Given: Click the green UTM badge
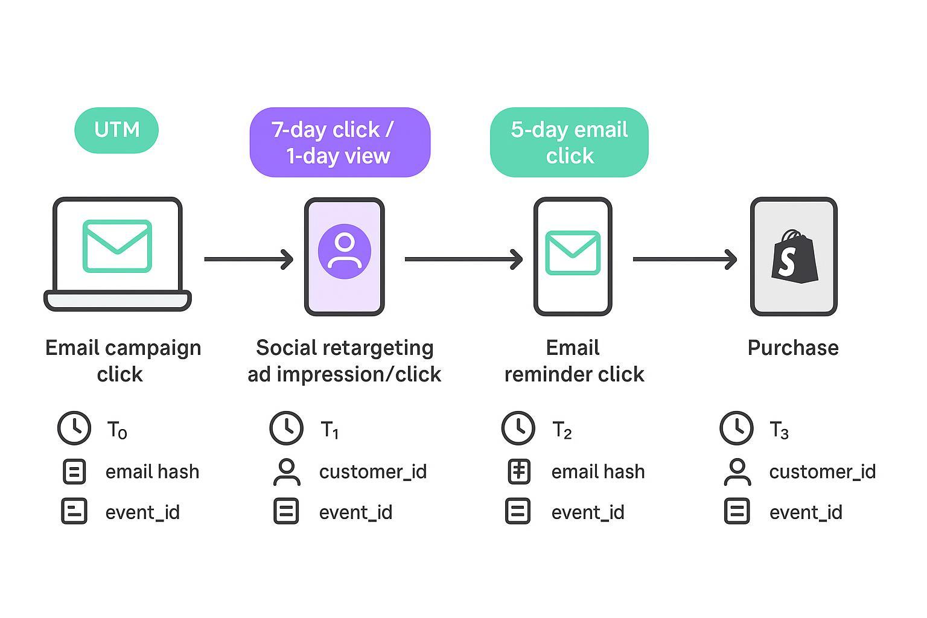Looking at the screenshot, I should pyautogui.click(x=116, y=130).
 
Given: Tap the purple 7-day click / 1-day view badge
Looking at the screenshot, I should pyautogui.click(x=340, y=142).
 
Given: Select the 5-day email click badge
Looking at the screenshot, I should pyautogui.click(x=569, y=142).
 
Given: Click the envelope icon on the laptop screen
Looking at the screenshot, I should pyautogui.click(x=117, y=246).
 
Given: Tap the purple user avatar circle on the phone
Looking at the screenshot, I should pyautogui.click(x=345, y=251).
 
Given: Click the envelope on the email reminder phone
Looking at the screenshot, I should pyautogui.click(x=573, y=253).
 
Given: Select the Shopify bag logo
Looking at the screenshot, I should pyautogui.click(x=794, y=256).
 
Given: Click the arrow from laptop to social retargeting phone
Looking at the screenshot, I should pyautogui.click(x=248, y=260).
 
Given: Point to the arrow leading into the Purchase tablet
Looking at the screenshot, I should pyautogui.click(x=684, y=260).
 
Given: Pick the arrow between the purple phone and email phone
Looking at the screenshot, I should pyautogui.click(x=463, y=260).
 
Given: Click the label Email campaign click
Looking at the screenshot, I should pyautogui.click(x=123, y=361).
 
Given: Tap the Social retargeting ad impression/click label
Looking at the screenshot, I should pyautogui.click(x=345, y=361).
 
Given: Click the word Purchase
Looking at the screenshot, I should pyautogui.click(x=793, y=348).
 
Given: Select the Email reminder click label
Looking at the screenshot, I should pyautogui.click(x=574, y=361).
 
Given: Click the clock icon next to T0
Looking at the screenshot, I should pyautogui.click(x=74, y=428).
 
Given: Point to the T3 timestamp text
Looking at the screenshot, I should pyautogui.click(x=779, y=430).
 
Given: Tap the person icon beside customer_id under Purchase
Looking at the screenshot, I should pyautogui.click(x=737, y=472).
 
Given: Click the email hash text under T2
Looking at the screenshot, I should pyautogui.click(x=597, y=472).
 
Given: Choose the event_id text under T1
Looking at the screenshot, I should pyautogui.click(x=355, y=512).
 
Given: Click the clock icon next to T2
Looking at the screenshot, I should pyautogui.click(x=518, y=428).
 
